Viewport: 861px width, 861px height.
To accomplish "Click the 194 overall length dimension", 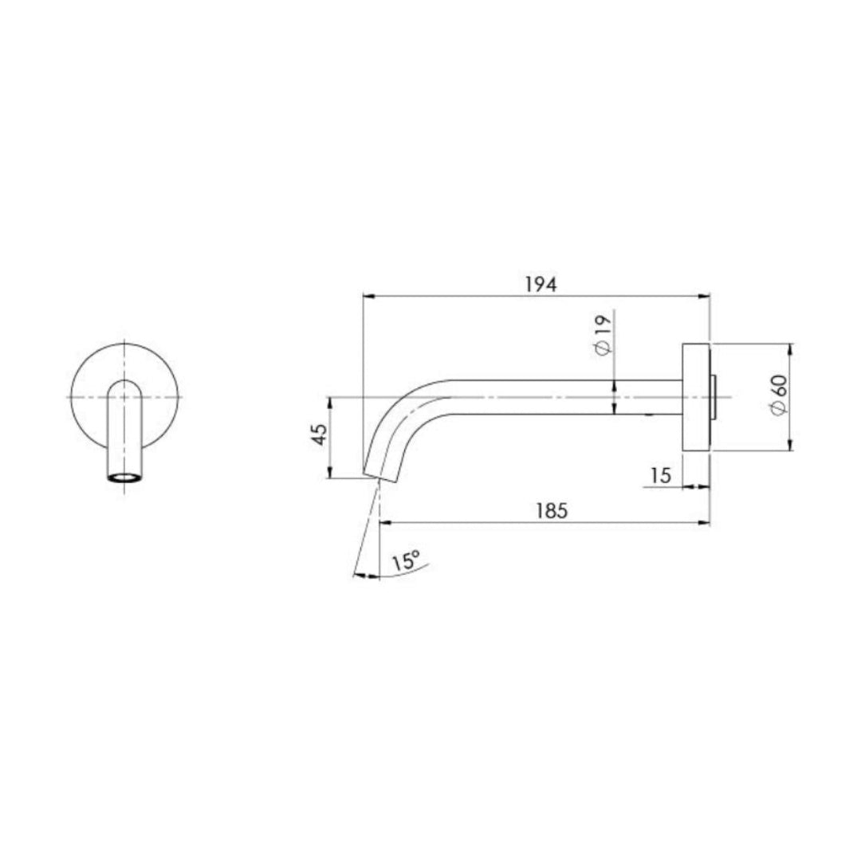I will (541, 284).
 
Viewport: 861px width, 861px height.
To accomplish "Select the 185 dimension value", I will (552, 511).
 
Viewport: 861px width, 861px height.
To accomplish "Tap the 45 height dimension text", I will (319, 435).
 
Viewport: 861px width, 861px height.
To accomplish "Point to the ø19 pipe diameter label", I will (603, 335).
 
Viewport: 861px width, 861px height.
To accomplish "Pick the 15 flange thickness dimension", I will (660, 476).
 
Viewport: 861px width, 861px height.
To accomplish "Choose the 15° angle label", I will (405, 561).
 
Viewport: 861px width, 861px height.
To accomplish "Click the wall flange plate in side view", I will (696, 397).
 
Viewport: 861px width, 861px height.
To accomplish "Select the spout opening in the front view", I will (124, 478).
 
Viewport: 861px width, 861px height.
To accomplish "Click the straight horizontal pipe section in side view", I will (558, 397).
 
